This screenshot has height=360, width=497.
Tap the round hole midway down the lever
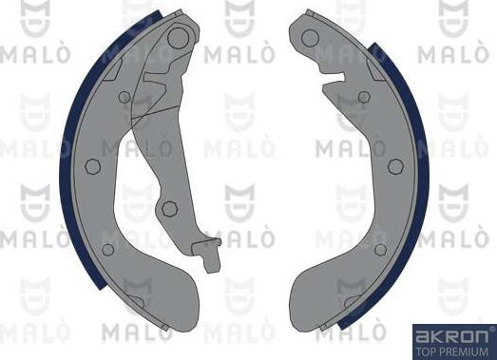(x=169, y=208)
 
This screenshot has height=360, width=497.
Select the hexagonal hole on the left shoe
(x=92, y=166)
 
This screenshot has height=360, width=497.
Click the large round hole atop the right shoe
(x=310, y=37)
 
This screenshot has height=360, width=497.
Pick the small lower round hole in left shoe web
(x=108, y=250)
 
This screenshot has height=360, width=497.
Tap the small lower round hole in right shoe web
(x=380, y=249)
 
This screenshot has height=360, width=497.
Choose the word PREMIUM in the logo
(x=463, y=350)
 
